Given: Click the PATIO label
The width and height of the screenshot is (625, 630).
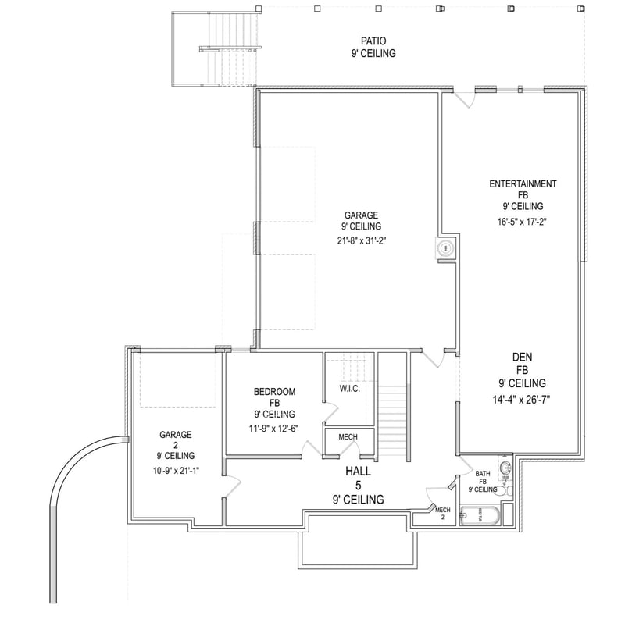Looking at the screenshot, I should pyautogui.click(x=373, y=40).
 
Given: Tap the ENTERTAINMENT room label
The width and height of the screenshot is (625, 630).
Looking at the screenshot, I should pyautogui.click(x=523, y=184).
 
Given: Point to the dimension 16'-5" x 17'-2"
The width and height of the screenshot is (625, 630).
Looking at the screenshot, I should pyautogui.click(x=523, y=221).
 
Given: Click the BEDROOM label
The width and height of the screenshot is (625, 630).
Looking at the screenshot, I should pyautogui.click(x=273, y=391).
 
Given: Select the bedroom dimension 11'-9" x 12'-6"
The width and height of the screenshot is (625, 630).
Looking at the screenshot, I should pyautogui.click(x=273, y=428).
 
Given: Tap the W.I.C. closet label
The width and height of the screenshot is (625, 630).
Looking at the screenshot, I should pyautogui.click(x=349, y=389).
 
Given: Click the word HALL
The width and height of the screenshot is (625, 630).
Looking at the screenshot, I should pyautogui.click(x=359, y=472).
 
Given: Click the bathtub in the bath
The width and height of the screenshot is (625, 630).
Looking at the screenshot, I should pyautogui.click(x=480, y=515).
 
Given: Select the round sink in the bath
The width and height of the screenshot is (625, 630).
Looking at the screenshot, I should pyautogui.click(x=505, y=468).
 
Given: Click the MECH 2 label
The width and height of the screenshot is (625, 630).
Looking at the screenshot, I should pyautogui.click(x=443, y=514).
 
